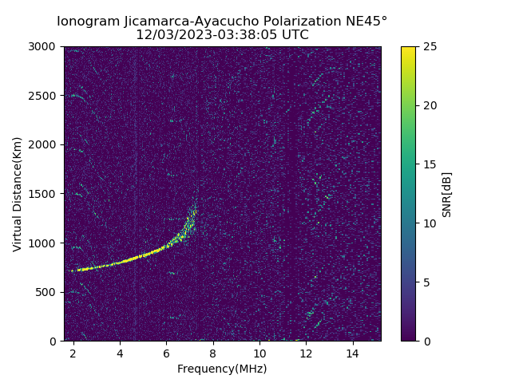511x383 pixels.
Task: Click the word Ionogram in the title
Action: click(88, 22)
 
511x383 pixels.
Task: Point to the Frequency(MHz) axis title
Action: click(222, 369)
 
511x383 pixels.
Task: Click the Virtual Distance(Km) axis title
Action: click(17, 194)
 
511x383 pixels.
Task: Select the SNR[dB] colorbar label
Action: click(447, 194)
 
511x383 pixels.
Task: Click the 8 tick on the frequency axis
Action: click(213, 353)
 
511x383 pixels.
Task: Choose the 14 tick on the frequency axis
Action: click(352, 353)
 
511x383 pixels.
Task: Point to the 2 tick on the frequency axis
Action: click(73, 353)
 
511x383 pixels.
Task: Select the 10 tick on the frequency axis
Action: click(259, 353)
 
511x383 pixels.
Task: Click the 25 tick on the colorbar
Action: click(429, 46)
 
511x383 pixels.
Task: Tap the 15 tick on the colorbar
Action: click(429, 164)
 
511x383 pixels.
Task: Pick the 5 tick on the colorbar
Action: click(426, 282)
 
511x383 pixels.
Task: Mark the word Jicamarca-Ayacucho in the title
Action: click(188, 22)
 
